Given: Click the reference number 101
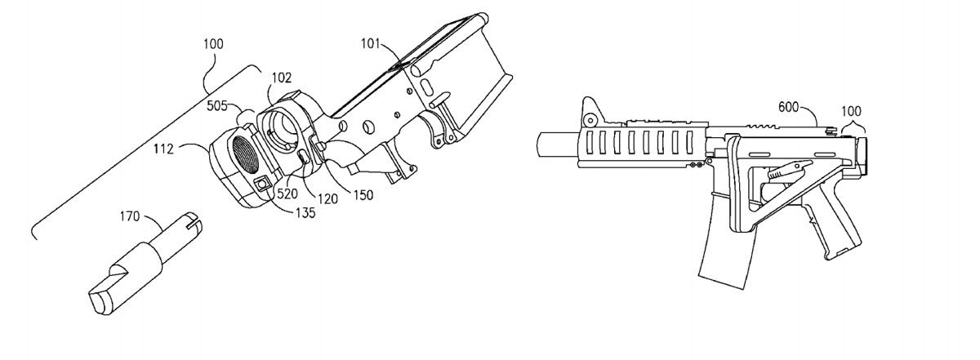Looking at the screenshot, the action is tap(371, 44).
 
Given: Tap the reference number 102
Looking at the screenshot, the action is tap(281, 78).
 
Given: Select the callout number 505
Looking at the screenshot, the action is tap(217, 106).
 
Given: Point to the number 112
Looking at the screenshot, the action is tap(163, 149).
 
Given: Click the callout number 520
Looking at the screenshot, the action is tap(287, 193).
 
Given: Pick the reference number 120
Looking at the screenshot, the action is tap(327, 199).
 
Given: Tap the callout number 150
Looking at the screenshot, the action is tap(363, 195).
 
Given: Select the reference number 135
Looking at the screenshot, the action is tap(305, 213).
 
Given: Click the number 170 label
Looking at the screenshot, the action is tap(130, 216).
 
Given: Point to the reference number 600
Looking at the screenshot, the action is tap(788, 107).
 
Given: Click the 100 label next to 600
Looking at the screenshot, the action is tap(851, 111).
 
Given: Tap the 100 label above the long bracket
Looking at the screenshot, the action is tap(213, 44).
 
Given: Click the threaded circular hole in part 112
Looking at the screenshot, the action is tap(246, 154).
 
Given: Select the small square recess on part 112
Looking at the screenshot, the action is tap(262, 184).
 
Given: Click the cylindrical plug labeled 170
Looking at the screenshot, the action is tap(145, 264).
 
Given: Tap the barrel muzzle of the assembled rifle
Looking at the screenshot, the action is tap(558, 144).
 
